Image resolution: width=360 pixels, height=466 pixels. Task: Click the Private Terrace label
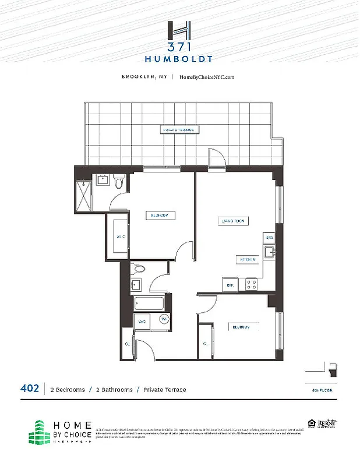pyautogui.click(x=178, y=130)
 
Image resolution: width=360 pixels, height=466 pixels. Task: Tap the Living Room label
pyautogui.click(x=234, y=221)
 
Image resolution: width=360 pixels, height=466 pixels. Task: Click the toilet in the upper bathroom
pyautogui.click(x=120, y=183)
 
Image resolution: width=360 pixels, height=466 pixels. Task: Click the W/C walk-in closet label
pyautogui.click(x=121, y=236)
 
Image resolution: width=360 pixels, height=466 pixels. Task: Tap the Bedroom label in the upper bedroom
pyautogui.click(x=160, y=215)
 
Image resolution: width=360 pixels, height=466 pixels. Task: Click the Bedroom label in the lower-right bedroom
pyautogui.click(x=241, y=327)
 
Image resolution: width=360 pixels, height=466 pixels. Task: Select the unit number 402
pyautogui.click(x=30, y=389)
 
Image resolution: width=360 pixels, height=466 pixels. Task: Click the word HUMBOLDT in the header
pyautogui.click(x=179, y=58)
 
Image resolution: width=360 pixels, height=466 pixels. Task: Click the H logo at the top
pyautogui.click(x=179, y=30)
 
